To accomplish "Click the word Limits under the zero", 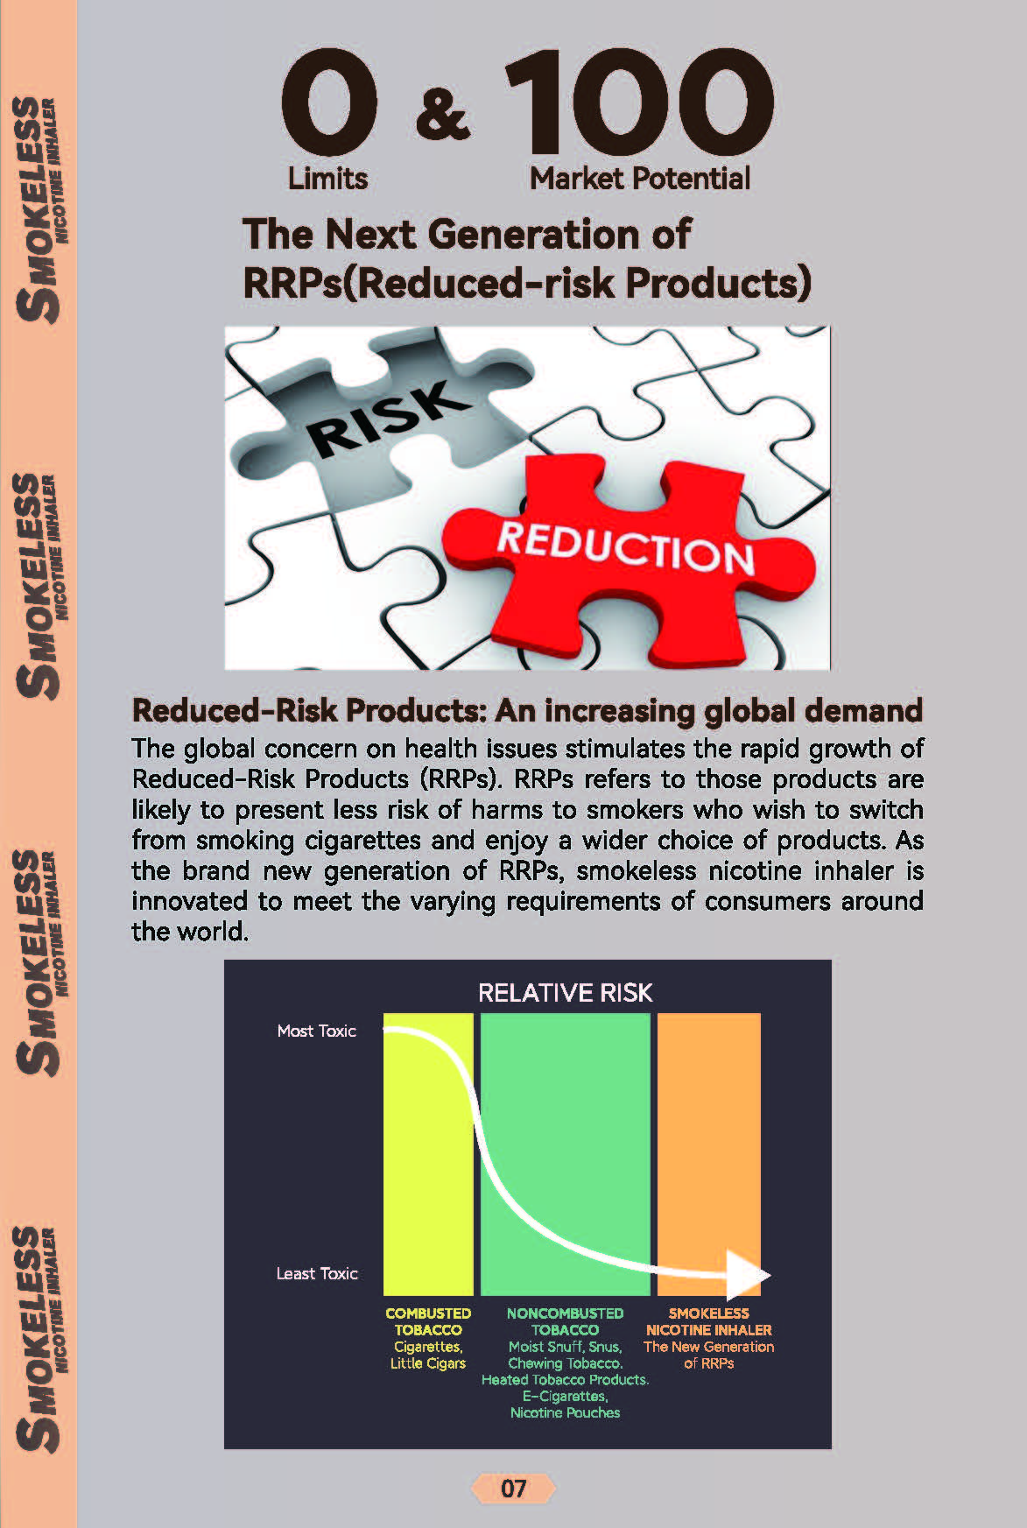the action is (327, 179).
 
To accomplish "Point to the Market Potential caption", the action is (640, 179).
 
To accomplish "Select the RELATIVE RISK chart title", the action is (566, 993).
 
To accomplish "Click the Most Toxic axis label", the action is (317, 1032).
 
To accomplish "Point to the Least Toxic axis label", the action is (317, 1274).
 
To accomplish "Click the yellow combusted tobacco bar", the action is (428, 1154).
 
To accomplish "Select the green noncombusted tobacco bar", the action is (566, 1154).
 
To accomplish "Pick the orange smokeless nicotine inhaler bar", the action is (709, 1154).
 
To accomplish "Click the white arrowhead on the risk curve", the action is (749, 1275).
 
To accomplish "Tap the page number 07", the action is (514, 1489).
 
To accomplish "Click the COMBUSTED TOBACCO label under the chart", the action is (428, 1321).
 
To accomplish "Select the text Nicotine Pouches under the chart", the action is (566, 1412).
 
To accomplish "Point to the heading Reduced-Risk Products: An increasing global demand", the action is (527, 710).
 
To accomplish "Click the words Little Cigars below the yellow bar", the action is (428, 1363).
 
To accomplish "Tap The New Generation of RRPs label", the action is (709, 1355).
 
